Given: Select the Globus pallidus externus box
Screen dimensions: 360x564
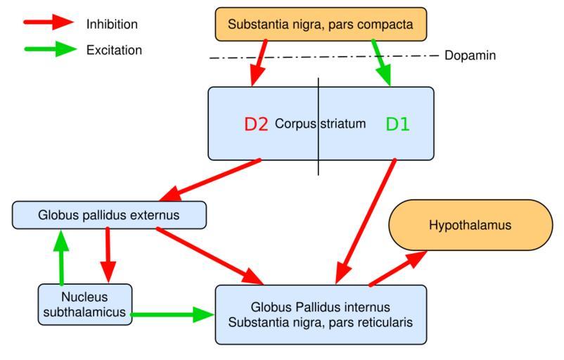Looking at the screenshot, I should click(109, 215).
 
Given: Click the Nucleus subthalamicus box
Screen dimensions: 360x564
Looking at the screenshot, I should click(84, 304).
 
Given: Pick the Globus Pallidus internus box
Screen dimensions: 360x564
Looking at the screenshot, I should click(320, 314).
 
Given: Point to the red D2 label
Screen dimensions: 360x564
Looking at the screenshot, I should click(257, 124).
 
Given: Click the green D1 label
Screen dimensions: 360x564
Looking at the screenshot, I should click(397, 124).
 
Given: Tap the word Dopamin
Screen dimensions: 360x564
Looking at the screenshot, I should click(470, 55).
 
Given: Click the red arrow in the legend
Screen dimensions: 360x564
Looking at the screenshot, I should click(49, 24).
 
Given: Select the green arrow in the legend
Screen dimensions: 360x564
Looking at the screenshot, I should click(49, 50).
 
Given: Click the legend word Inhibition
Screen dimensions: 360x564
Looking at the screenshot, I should click(112, 25).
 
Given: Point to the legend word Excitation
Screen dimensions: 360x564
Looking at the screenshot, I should click(114, 50).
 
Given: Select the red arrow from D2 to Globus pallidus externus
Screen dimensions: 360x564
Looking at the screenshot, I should click(211, 179).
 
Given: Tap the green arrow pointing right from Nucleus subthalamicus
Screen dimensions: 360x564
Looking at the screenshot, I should click(172, 314).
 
